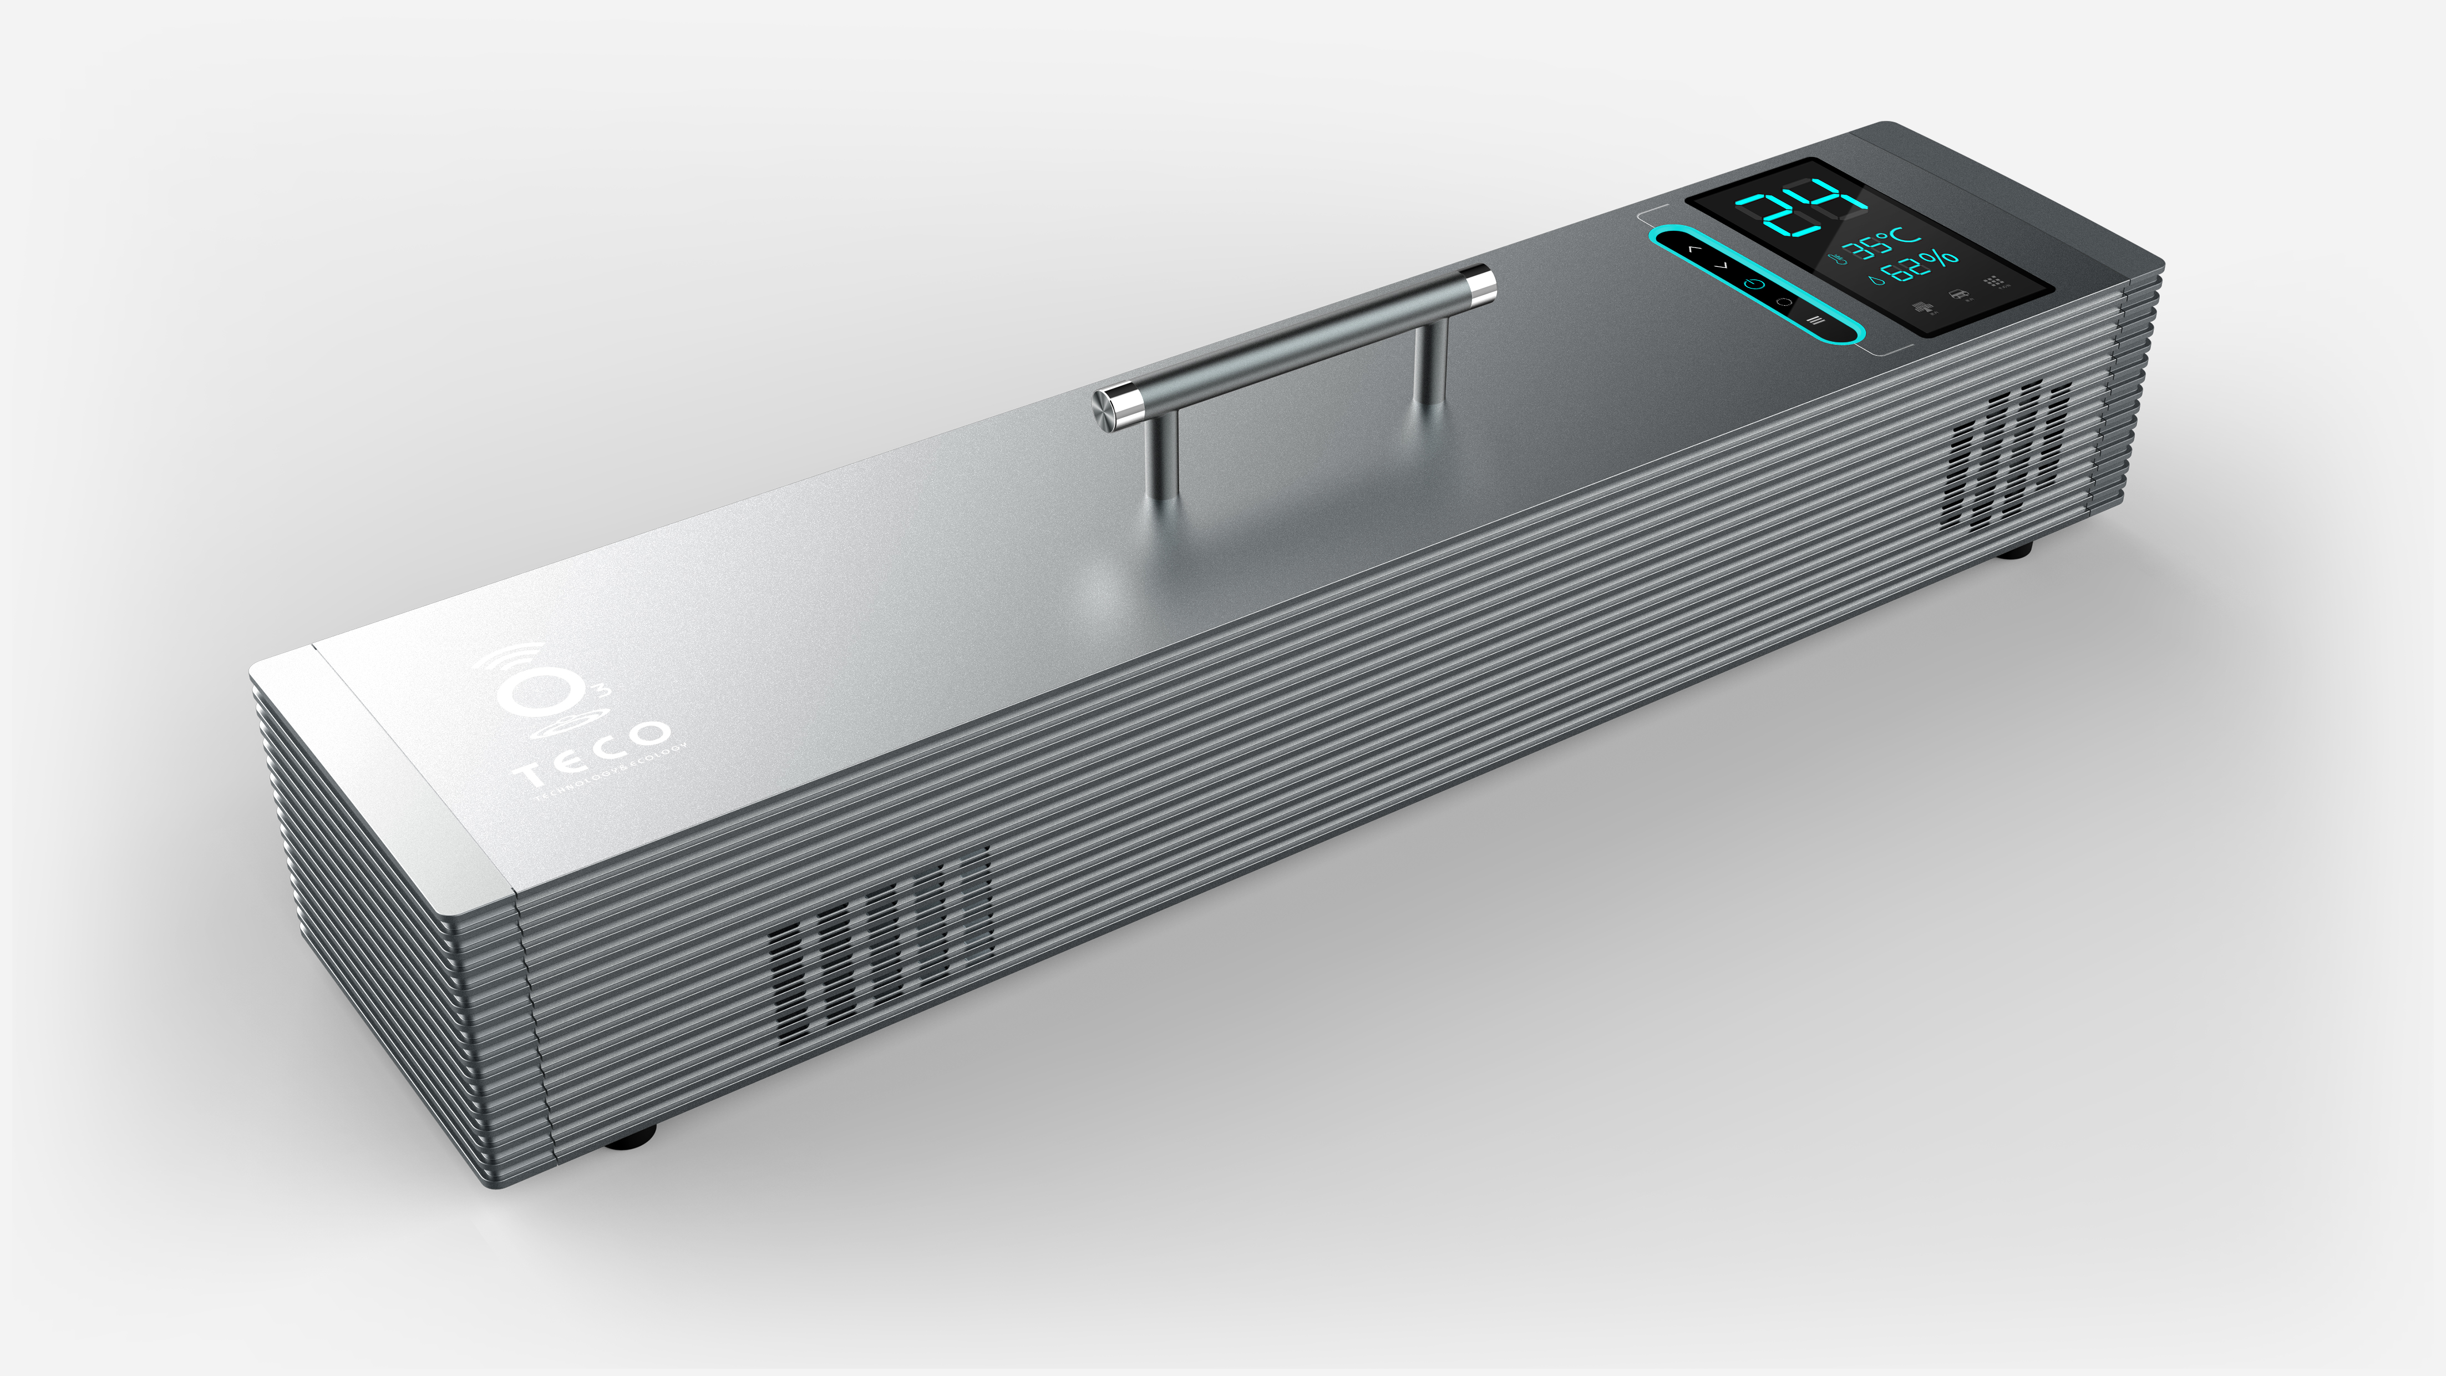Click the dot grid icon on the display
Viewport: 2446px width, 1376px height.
(x=1993, y=282)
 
